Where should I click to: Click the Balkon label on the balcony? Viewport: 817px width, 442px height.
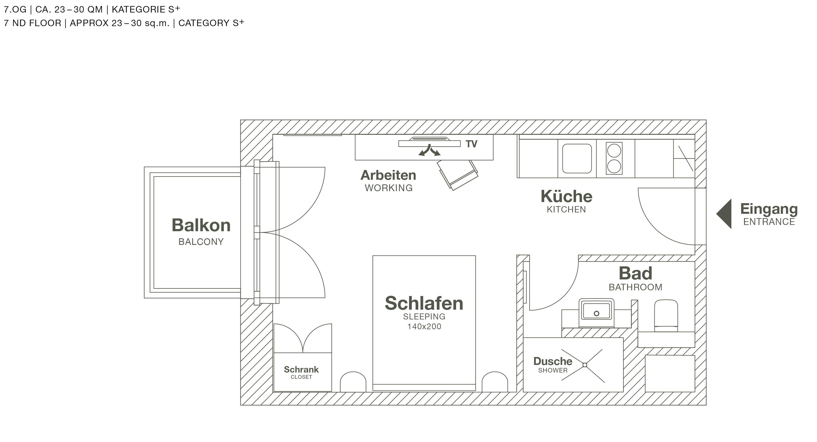pyautogui.click(x=201, y=225)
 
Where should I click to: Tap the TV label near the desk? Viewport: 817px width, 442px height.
pyautogui.click(x=471, y=144)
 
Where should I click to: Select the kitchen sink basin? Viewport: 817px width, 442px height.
pyautogui.click(x=577, y=158)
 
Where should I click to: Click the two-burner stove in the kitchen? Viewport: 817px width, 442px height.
pyautogui.click(x=614, y=158)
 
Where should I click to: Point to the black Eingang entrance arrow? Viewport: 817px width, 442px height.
pyautogui.click(x=725, y=214)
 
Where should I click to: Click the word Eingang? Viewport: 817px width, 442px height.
pyautogui.click(x=769, y=209)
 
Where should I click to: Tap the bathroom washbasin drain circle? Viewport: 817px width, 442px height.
pyautogui.click(x=596, y=313)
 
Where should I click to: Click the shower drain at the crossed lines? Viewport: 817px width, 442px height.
pyautogui.click(x=585, y=365)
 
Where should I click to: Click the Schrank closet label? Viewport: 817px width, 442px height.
pyautogui.click(x=301, y=369)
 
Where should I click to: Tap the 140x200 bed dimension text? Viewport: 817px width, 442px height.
pyautogui.click(x=424, y=327)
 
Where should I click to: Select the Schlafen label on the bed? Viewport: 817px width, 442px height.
pyautogui.click(x=424, y=303)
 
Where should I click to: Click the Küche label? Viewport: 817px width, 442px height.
pyautogui.click(x=567, y=196)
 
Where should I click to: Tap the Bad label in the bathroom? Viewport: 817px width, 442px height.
pyautogui.click(x=635, y=273)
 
